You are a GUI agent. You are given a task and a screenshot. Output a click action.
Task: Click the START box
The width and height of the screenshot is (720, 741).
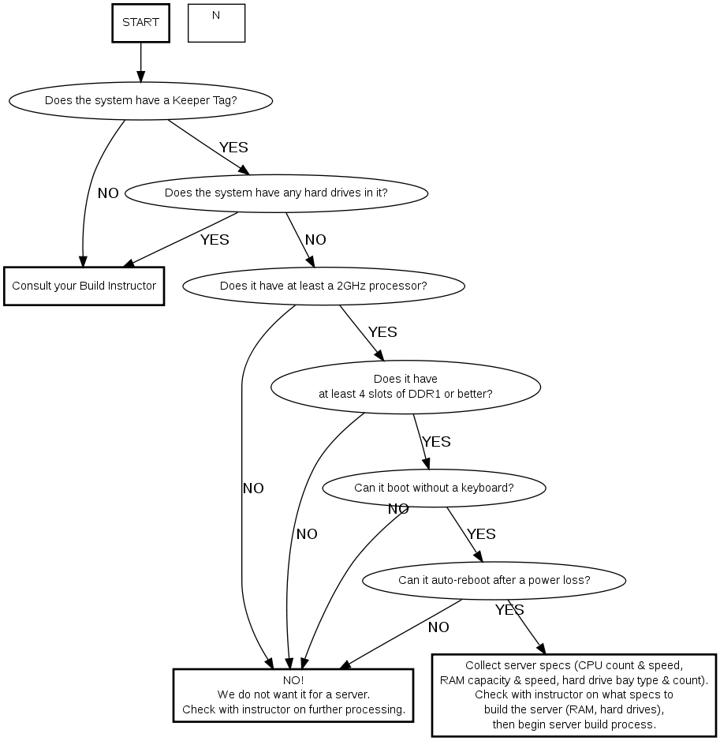coord(141,23)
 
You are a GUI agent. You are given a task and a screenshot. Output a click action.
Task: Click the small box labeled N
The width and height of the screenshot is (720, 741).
coord(216,23)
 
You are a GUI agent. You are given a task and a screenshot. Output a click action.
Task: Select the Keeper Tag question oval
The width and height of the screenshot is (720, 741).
coord(141,100)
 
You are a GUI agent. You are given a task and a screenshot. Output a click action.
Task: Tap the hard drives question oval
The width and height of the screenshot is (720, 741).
coord(276,193)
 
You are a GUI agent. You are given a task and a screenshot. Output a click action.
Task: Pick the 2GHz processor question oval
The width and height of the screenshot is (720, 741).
coord(323,286)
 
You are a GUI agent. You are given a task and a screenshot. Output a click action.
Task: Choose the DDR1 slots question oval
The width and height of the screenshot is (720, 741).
coord(405,386)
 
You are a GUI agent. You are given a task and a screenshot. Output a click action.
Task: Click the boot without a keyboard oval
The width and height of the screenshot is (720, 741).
coord(434,488)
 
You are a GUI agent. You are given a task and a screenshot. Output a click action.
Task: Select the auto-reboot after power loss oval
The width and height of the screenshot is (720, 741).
coord(494,581)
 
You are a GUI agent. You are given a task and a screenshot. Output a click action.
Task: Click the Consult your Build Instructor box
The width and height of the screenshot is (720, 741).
coord(84,286)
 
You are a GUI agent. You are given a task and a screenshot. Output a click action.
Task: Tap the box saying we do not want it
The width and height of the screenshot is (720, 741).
coord(293,695)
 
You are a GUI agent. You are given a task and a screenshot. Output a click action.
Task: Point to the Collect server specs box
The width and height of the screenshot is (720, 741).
coord(574,694)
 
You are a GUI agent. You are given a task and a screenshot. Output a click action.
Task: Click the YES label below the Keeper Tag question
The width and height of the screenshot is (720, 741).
coord(233,148)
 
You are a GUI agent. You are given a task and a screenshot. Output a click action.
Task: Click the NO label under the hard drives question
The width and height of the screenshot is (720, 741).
coord(315,240)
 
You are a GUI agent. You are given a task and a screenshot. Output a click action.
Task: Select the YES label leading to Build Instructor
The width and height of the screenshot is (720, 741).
coord(215,240)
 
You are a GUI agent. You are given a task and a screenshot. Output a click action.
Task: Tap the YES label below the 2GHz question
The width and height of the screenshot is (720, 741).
coord(382,332)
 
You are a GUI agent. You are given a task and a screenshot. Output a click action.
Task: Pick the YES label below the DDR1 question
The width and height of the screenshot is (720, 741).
coord(436,442)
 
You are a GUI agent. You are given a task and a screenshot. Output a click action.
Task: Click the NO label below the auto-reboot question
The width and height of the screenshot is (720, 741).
coord(438,627)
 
